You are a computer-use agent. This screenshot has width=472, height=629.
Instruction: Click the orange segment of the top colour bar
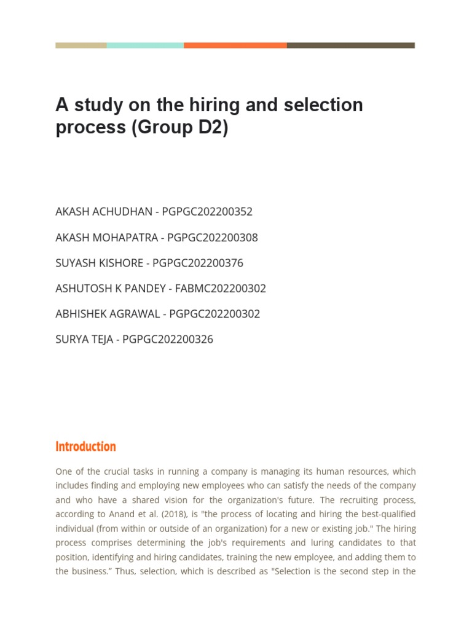[235, 45]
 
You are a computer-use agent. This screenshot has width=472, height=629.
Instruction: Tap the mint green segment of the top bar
[145, 45]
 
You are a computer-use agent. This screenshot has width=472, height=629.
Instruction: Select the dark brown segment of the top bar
[350, 45]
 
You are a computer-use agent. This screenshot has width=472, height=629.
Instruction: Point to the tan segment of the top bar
[81, 45]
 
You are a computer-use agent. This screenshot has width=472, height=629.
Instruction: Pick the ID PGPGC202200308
[212, 238]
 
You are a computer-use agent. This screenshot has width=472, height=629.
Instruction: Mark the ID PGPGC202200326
[168, 340]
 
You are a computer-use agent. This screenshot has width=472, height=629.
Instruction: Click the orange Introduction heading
[85, 447]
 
